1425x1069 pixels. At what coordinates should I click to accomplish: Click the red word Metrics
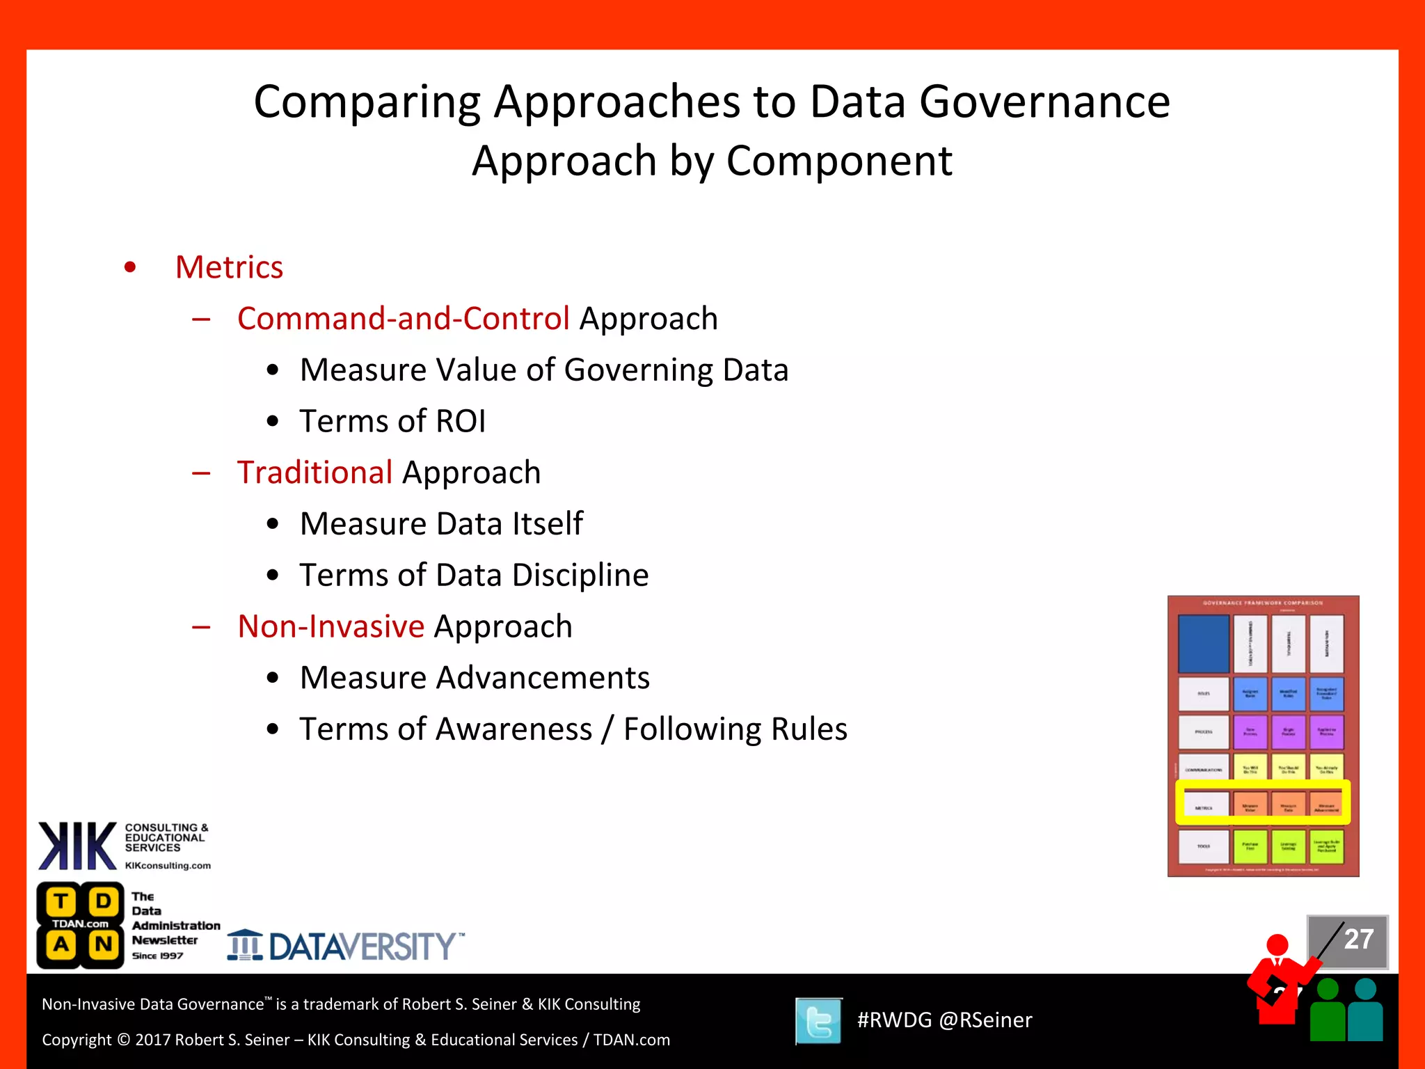coord(229,267)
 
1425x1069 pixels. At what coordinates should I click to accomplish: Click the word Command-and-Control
coord(403,319)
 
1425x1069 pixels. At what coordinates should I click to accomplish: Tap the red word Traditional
coord(315,473)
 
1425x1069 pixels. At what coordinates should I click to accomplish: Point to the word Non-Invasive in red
coord(331,626)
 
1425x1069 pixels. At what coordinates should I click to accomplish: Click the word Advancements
coord(543,678)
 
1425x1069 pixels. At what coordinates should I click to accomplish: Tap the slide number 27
coord(1358,940)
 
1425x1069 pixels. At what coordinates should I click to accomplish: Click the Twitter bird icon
coord(819,1021)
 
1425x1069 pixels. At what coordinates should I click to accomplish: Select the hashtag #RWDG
coord(894,1020)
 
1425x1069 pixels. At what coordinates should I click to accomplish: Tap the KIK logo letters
coord(77,846)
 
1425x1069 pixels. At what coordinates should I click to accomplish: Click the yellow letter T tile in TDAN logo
coord(61,901)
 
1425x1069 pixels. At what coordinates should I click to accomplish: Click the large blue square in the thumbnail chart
coord(1203,643)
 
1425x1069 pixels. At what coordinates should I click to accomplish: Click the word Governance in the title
coord(1044,102)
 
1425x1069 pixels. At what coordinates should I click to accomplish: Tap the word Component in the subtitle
coord(839,161)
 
